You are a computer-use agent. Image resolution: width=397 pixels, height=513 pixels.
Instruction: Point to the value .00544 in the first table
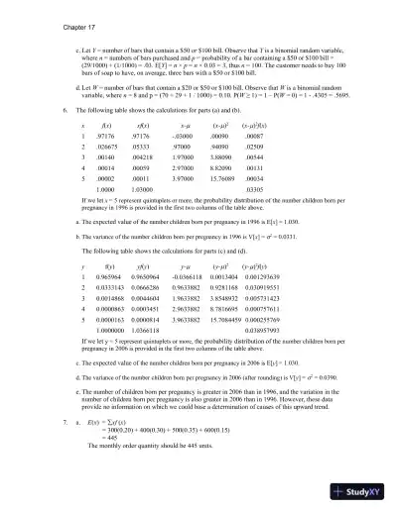[254, 162]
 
